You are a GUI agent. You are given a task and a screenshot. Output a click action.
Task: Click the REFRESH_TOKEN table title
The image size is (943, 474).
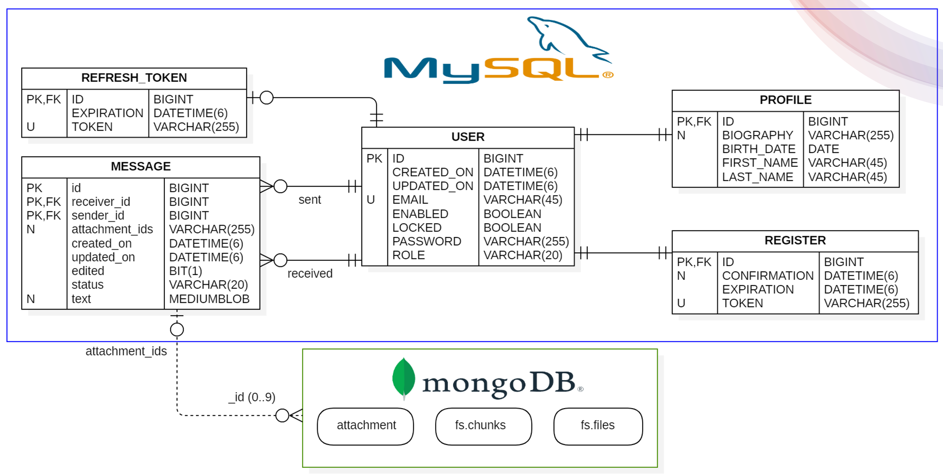[134, 78]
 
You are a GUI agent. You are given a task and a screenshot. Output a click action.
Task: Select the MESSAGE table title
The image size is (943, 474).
[141, 166]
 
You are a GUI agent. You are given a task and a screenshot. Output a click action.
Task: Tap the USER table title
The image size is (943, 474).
[468, 137]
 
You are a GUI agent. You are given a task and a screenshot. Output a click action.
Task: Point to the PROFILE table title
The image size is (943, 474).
[785, 100]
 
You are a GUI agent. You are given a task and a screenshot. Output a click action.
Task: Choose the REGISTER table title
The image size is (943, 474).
[795, 240]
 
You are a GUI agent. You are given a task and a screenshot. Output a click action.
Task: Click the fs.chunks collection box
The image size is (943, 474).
[483, 426]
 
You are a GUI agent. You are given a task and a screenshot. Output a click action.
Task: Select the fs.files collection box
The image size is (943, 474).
[598, 426]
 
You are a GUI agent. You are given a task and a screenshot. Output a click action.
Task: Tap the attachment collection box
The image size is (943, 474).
[365, 426]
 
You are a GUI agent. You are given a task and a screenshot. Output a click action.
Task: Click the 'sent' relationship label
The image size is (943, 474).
[310, 200]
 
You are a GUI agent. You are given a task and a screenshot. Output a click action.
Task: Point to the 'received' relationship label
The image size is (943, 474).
[310, 273]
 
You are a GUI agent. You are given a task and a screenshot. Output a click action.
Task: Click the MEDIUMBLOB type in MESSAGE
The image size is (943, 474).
[209, 299]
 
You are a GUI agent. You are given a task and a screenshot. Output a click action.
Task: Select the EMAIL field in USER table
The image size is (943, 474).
[410, 200]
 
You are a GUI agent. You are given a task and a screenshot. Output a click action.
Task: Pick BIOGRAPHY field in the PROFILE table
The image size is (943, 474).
[757, 135]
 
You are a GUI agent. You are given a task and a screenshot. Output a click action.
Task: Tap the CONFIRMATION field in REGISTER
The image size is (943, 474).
[767, 276]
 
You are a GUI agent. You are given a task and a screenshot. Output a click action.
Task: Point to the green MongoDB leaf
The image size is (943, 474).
[404, 378]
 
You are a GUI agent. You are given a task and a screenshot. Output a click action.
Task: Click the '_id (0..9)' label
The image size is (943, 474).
[251, 397]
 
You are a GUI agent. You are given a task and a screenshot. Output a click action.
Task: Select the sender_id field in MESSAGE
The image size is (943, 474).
[98, 216]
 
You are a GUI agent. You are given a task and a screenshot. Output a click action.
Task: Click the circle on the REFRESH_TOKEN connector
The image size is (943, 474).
[266, 98]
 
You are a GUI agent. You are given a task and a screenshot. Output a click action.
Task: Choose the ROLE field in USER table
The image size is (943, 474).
[408, 255]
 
